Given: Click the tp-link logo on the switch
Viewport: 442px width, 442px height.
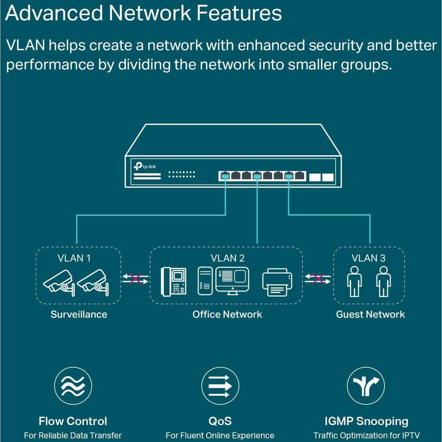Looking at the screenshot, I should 145,166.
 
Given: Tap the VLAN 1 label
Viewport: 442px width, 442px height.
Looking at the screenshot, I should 74,258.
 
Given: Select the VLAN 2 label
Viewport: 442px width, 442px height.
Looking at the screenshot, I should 227,258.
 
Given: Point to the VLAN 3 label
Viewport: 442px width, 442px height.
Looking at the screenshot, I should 368,258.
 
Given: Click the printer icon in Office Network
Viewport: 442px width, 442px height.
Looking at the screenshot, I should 277,282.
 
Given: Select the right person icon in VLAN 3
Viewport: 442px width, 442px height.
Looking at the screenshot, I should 383,281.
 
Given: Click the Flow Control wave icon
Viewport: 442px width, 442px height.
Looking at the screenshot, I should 73,386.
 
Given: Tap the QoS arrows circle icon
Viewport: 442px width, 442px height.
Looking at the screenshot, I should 220,386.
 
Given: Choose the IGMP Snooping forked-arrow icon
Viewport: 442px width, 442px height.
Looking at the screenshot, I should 366,386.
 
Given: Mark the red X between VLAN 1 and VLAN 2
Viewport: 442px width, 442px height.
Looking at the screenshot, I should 135,279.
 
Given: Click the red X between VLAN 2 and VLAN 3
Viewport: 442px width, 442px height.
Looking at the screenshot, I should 318,279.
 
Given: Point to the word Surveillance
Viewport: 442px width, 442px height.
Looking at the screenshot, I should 79,315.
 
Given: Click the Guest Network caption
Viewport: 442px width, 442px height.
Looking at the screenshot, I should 370,315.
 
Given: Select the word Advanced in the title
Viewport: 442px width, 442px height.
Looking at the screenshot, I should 54,13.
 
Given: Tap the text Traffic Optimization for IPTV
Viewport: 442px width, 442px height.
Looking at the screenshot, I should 366,436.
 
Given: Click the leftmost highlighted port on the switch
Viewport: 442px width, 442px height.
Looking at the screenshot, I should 224,176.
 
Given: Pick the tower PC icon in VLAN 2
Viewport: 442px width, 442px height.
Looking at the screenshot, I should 205,281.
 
